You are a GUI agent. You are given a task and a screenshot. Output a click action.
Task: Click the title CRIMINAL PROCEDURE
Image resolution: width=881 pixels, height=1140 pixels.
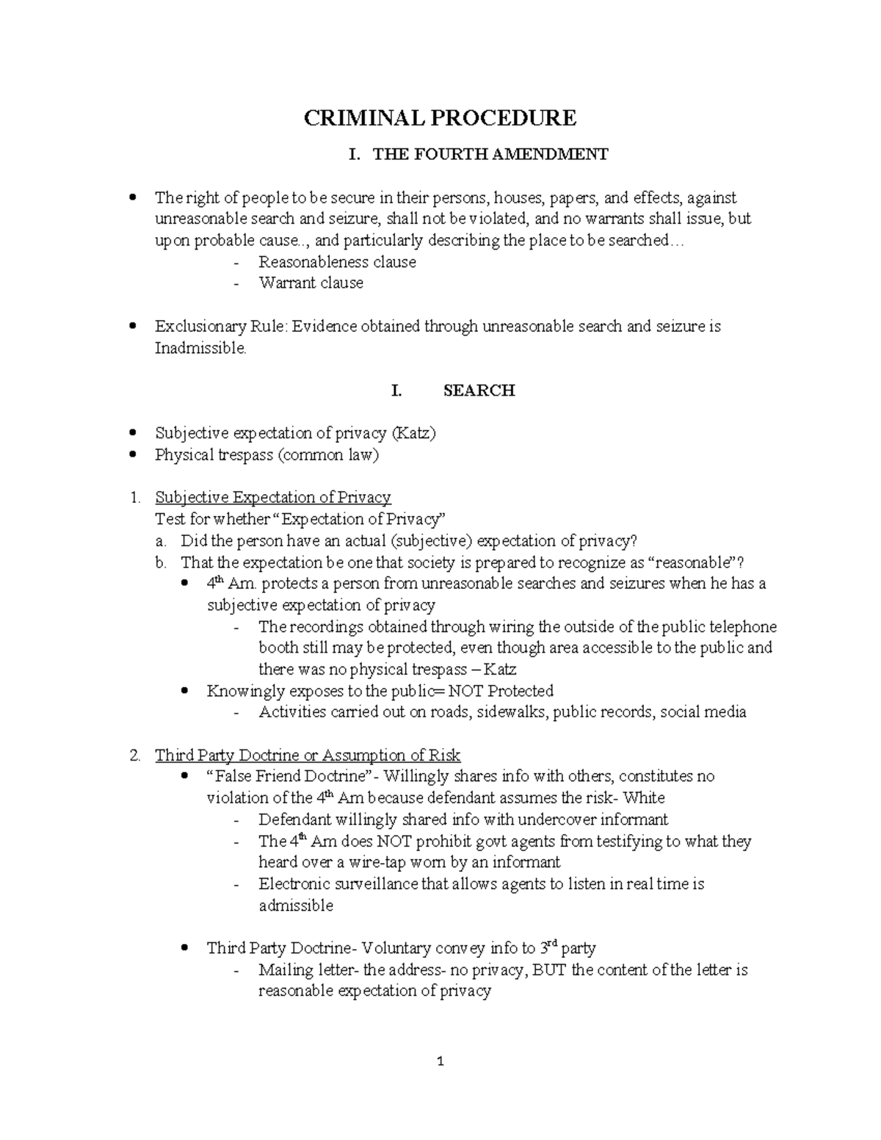tap(440, 117)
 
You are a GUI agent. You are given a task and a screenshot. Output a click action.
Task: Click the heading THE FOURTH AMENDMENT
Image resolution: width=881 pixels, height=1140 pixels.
tap(490, 154)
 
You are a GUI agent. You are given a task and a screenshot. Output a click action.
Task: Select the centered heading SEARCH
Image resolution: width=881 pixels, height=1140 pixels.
tap(479, 391)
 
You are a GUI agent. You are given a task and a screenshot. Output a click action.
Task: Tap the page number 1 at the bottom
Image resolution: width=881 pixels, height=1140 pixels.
tap(440, 1061)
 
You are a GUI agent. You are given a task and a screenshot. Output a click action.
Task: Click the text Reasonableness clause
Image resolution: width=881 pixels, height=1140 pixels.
tap(337, 262)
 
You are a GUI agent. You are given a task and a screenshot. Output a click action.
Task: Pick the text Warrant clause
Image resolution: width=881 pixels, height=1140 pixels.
tap(311, 283)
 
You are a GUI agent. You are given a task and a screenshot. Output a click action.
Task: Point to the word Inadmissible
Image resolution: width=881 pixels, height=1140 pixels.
tap(200, 348)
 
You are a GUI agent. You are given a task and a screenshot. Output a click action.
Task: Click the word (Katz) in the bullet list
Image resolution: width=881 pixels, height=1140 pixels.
tap(413, 433)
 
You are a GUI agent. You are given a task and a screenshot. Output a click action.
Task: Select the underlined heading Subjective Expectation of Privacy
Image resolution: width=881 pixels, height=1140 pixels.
tap(273, 498)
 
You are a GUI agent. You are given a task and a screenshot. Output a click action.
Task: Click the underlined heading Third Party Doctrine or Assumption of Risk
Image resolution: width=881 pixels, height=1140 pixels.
tap(308, 755)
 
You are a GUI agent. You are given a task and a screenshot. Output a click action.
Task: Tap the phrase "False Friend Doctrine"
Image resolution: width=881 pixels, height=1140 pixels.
tap(288, 777)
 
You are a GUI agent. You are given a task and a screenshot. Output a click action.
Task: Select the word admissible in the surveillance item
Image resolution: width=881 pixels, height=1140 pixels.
tap(296, 906)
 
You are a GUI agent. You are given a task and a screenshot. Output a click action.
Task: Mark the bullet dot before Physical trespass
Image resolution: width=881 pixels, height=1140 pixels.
tap(132, 455)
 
